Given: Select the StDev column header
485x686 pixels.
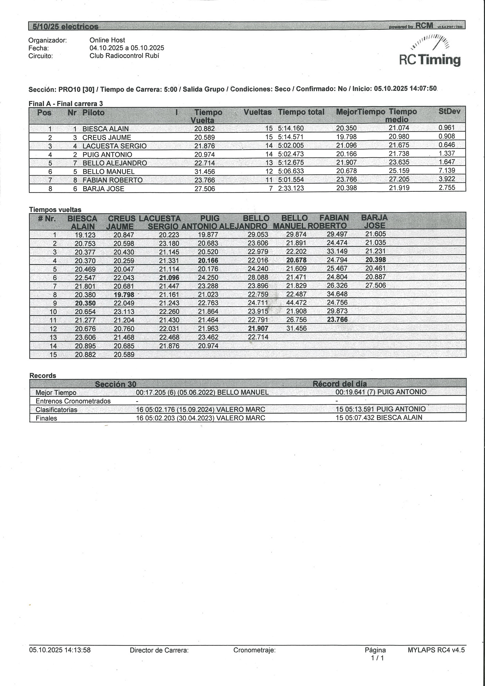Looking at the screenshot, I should pos(449,112).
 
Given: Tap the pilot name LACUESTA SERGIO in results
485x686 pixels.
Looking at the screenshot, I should pos(114,146).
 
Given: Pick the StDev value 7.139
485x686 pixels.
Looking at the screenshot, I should pos(446,171).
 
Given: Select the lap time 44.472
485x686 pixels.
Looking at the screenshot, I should pos(296,303).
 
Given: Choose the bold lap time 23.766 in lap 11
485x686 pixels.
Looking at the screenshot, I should pos(337,320).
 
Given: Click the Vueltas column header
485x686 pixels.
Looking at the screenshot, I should pos(257,112).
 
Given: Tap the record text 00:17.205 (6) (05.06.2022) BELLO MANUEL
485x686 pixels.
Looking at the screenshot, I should pos(202,392).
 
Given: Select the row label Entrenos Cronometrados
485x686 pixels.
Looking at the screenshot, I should pos(73,401).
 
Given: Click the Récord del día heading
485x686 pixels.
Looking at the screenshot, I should pos(339,384).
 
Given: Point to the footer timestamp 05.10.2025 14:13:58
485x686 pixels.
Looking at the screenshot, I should pos(60,650).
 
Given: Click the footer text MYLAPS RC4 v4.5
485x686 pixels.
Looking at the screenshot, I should pos(436,650).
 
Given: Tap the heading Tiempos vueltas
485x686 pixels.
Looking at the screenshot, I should pos(55,210).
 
